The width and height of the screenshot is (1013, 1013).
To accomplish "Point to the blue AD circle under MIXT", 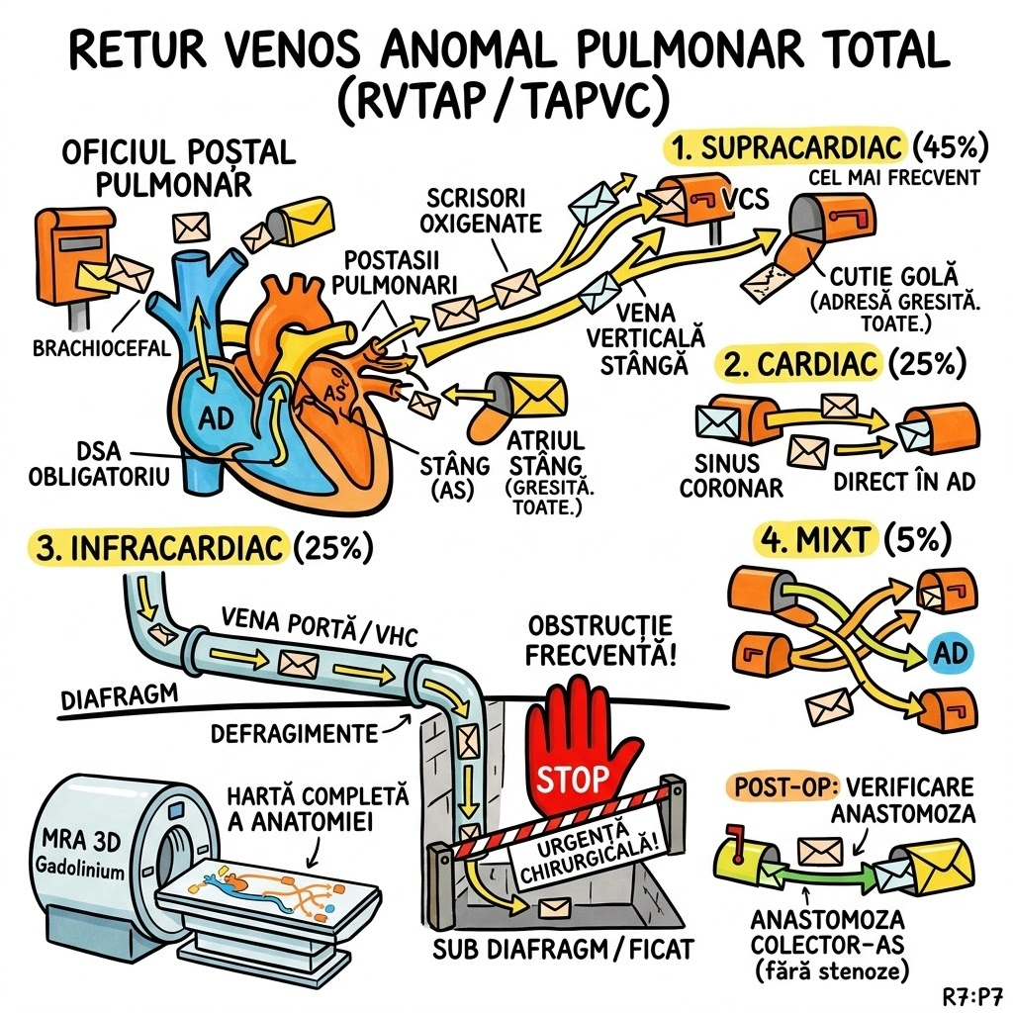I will point(950,653).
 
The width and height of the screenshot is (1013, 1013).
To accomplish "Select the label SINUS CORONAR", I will point(733,475).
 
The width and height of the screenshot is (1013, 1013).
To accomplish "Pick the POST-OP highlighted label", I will point(783,788).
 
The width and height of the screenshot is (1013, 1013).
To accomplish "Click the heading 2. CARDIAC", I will point(802,364).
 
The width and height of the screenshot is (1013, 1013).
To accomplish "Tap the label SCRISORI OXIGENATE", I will point(484,209).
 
